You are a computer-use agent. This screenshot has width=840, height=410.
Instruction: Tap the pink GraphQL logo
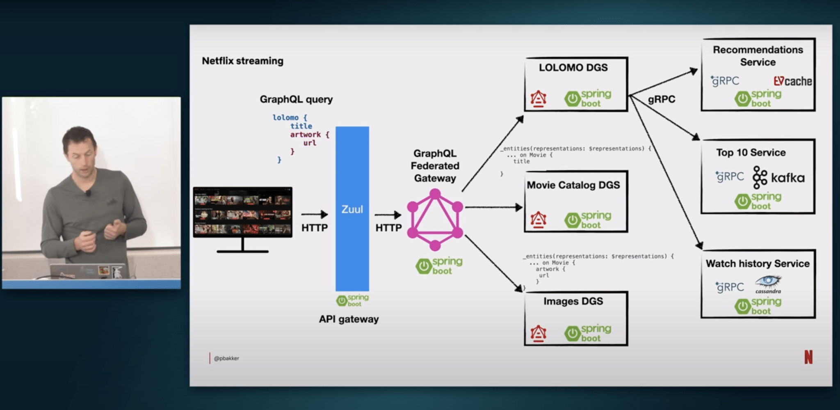[x=435, y=220]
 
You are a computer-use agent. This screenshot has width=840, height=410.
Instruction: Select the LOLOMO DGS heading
[x=573, y=68]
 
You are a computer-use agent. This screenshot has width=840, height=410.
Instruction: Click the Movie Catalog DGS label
[x=573, y=185]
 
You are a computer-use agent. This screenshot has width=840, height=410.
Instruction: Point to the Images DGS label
[x=573, y=301]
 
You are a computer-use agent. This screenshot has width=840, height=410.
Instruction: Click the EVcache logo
[x=792, y=81]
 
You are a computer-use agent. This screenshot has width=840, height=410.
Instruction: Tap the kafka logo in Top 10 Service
[x=778, y=177]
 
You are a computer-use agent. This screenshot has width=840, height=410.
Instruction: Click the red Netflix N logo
[x=808, y=357]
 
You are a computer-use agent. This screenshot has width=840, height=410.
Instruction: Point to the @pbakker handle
[x=226, y=358]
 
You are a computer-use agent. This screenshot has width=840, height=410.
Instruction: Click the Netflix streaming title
[x=242, y=61]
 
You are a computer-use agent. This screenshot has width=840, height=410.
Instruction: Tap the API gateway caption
[x=349, y=319]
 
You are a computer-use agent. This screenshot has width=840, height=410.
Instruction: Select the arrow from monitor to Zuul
[x=314, y=214]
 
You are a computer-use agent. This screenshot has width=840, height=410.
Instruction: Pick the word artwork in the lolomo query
[x=306, y=135]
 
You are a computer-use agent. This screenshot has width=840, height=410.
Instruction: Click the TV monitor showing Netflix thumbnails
[x=243, y=213]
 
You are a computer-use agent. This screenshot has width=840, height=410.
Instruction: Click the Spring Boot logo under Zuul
[x=352, y=300]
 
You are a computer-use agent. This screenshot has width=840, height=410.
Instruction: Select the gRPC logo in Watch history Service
[x=729, y=287]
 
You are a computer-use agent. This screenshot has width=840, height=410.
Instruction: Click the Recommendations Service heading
[x=758, y=56]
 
